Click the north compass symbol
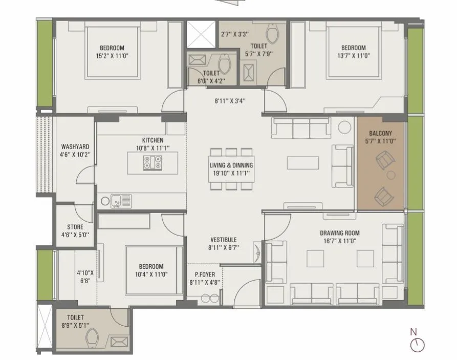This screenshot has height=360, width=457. coord(417,345)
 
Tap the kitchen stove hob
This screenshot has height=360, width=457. coord(153,162)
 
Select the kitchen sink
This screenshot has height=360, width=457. coord(121,201)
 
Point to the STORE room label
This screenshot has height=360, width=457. coord(75,227)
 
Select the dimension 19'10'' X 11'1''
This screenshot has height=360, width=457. coord(231,174)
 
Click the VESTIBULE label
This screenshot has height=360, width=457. coord(224,240)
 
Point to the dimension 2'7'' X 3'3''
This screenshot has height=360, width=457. coord(234,34)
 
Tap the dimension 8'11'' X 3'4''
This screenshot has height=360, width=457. coord(230,101)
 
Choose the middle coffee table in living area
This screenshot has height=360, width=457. coord(299,163)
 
